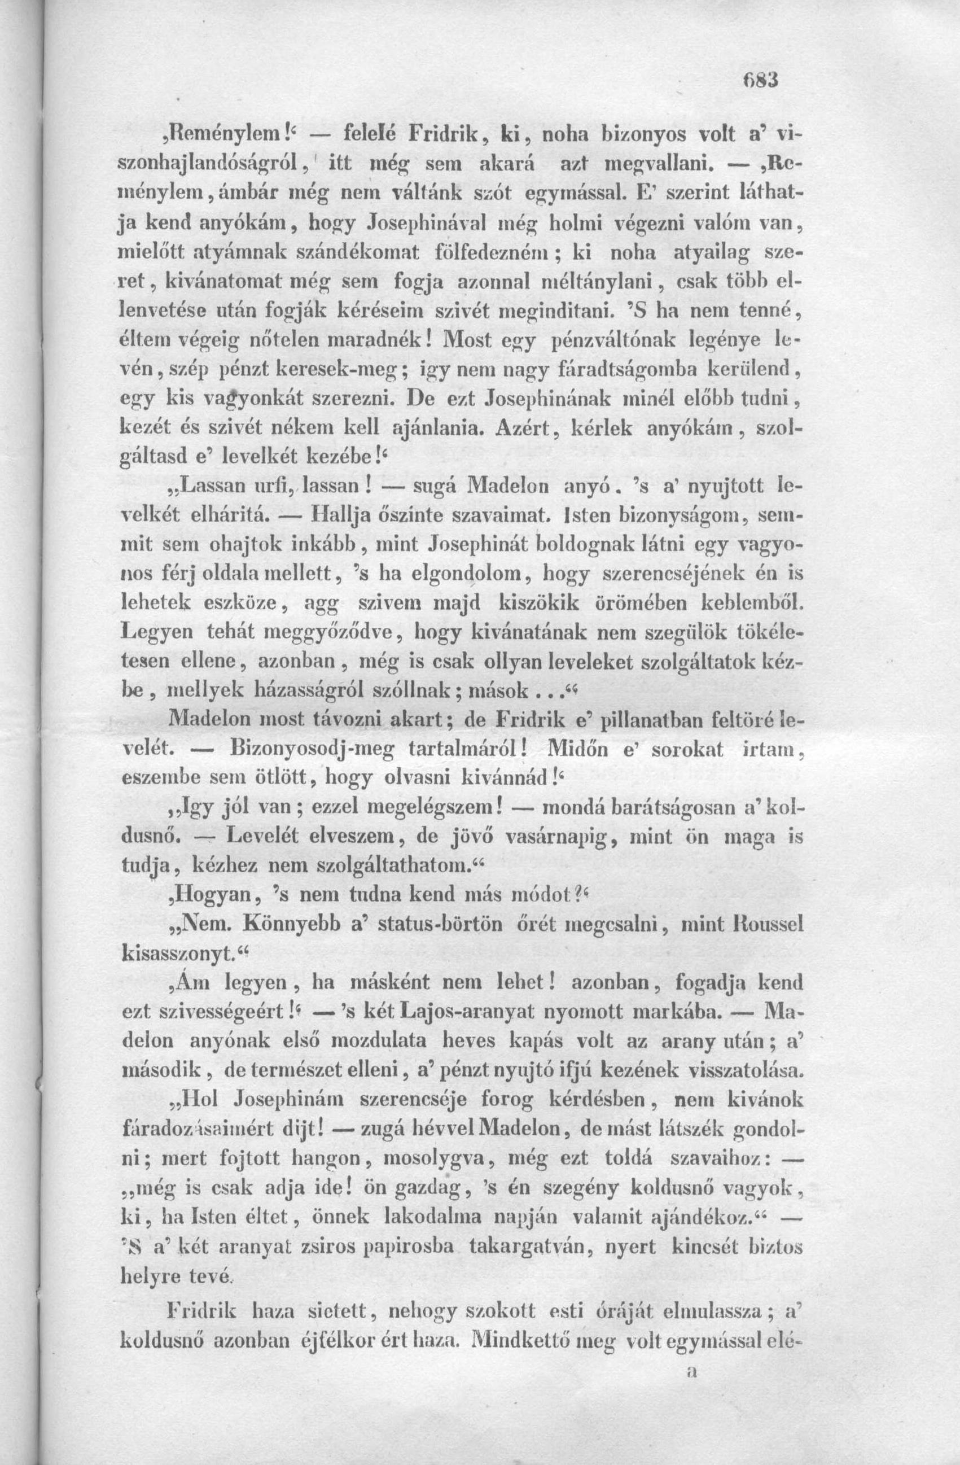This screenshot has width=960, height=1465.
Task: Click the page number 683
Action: [760, 80]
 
